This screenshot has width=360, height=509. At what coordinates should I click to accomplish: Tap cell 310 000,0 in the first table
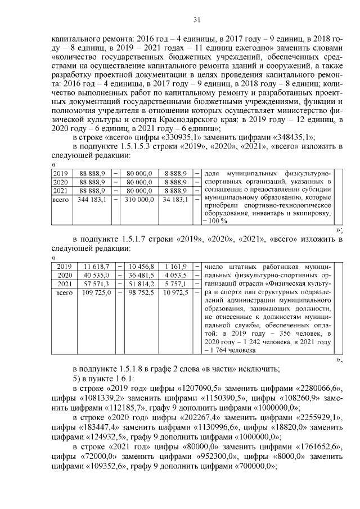tap(137, 200)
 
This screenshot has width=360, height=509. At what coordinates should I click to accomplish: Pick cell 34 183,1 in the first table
tap(175, 200)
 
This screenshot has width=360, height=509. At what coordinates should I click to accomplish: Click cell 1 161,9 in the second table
tap(176, 266)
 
